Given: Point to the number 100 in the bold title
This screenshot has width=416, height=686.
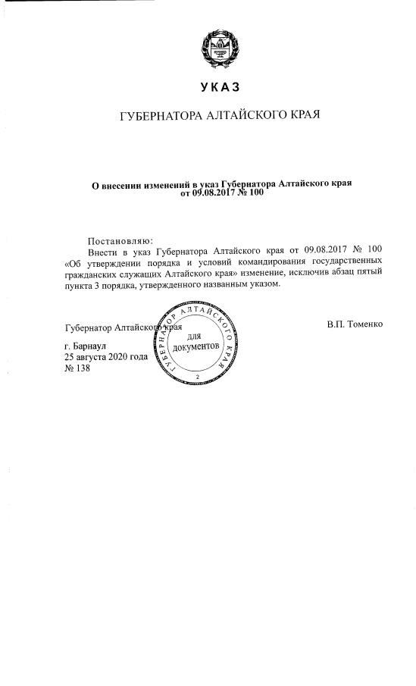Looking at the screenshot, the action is coord(255,193).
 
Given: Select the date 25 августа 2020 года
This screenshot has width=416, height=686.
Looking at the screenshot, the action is coord(106,356).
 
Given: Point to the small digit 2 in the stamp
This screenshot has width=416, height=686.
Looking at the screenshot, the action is coord(197,377).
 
